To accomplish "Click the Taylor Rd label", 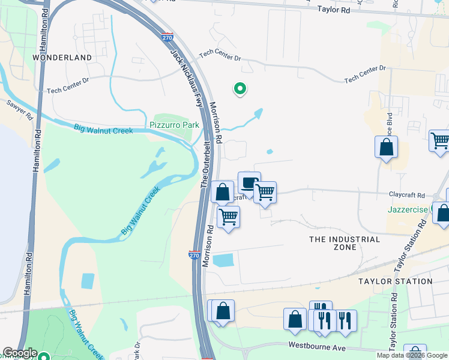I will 334,10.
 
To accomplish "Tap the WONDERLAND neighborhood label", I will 62,58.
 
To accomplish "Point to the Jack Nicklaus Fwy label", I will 185,77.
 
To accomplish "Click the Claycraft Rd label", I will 406,196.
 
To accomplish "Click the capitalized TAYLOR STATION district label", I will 395,281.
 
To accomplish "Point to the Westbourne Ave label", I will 317,346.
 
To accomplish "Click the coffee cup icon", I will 249,182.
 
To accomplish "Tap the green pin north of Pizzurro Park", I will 240,89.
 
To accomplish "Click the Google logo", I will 20,353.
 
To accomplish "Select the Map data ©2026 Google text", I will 412,355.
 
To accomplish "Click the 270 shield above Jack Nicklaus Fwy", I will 167,37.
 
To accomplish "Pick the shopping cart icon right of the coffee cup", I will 265,193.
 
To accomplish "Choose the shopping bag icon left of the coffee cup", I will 222,193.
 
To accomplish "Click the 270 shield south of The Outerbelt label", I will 194,255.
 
